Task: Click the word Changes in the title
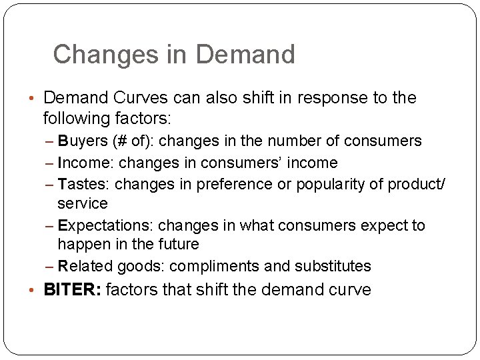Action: pyautogui.click(x=99, y=55)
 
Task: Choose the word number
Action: pyautogui.click(x=293, y=141)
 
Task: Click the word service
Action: pyautogui.click(x=83, y=203)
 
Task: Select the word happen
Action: pyautogui.click(x=82, y=245)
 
